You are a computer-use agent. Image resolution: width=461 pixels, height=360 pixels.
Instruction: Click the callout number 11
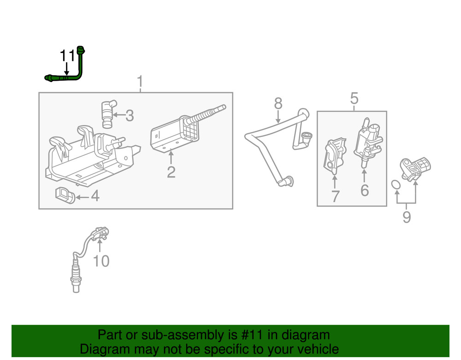tap(67, 56)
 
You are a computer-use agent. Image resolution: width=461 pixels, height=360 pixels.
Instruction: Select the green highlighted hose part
tap(81, 69)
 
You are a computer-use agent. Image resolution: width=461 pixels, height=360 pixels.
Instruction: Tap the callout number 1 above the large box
tap(140, 83)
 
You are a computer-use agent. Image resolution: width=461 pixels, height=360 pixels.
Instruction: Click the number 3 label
tap(130, 116)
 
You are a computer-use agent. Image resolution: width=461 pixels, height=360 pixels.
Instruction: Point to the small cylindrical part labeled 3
tap(107, 113)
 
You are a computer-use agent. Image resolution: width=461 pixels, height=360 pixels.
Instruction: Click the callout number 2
tap(171, 172)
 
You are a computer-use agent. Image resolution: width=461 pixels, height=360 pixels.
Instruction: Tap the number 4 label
tap(95, 196)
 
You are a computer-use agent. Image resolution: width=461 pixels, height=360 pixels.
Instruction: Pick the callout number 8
tap(278, 103)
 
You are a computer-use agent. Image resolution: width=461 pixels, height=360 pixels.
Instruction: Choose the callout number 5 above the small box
tap(354, 98)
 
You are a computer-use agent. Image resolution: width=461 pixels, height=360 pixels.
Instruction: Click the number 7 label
tap(335, 196)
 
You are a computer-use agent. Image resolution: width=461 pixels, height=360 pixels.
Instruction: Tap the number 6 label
tap(364, 190)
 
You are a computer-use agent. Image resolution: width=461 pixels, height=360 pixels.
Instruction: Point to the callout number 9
tap(406, 216)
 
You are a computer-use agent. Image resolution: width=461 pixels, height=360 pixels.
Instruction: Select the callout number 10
tap(101, 261)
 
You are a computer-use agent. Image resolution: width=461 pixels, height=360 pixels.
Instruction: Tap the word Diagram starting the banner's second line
tap(103, 349)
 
